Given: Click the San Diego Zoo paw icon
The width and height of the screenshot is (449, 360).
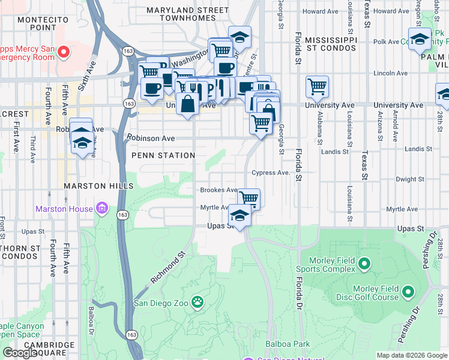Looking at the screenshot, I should tap(197, 301).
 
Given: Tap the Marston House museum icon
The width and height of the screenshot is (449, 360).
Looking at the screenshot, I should tap(102, 209).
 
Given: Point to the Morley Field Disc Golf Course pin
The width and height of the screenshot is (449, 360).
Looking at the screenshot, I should tap(408, 292).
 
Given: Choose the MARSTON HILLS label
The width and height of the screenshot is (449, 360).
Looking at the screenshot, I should tap(99, 187).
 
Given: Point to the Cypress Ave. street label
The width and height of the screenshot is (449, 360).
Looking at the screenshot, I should tap(271, 173).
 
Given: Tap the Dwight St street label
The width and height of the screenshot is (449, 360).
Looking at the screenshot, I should tap(411, 179).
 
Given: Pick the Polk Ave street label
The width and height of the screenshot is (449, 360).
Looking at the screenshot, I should tap(386, 42).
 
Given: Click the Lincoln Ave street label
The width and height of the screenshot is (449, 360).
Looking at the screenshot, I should tap(391, 73).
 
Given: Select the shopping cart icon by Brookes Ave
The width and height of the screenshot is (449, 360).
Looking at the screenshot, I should tap(249, 197).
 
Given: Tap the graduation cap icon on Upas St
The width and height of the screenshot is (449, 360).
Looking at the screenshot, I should tap(240, 215).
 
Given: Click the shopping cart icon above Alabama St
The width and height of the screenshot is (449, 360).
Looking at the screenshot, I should tap(317, 86).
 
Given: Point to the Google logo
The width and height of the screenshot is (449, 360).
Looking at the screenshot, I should tap(20, 353).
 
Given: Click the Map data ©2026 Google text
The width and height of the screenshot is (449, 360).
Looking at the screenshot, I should tap(411, 355).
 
